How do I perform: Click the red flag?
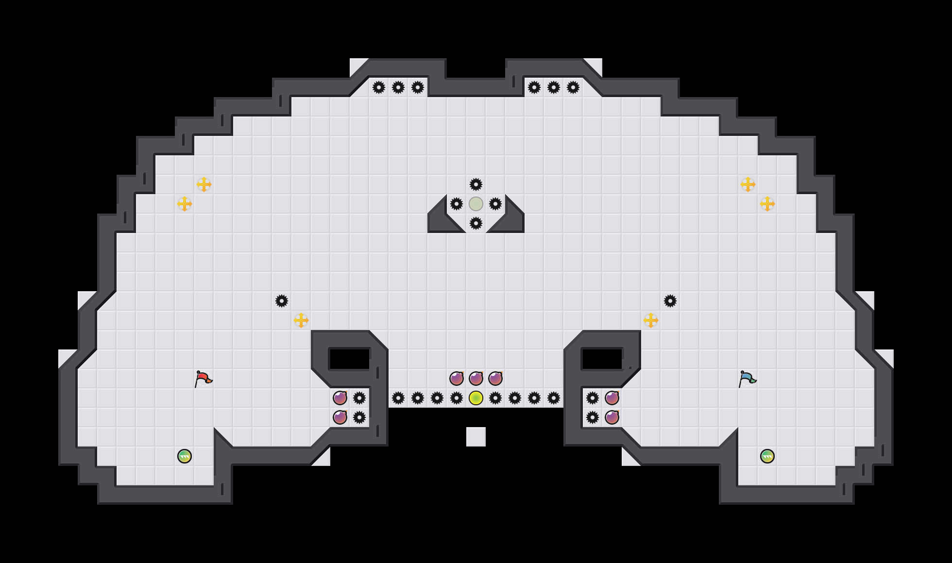pos(203,378)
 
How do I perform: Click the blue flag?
pos(747,378)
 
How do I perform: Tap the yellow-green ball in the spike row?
pos(476,398)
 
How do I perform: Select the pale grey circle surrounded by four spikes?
pos(476,204)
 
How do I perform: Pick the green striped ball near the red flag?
pos(185,456)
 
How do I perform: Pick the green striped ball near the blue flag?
pos(767,456)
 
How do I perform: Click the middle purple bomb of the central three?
pos(476,379)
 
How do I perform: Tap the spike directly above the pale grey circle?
pos(476,184)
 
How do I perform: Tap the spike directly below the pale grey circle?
pos(476,223)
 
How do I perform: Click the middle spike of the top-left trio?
pos(398,87)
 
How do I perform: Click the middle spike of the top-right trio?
pos(554,87)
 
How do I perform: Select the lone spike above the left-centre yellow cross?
pos(282,301)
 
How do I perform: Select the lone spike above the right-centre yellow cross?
pos(670,301)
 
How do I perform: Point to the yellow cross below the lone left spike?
pos(301,320)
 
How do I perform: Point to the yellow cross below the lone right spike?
pos(651,320)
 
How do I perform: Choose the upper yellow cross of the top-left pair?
pos(204,184)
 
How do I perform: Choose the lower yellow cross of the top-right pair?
pos(767,204)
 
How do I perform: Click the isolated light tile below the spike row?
pos(476,437)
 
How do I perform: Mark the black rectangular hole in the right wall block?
pos(602,359)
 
